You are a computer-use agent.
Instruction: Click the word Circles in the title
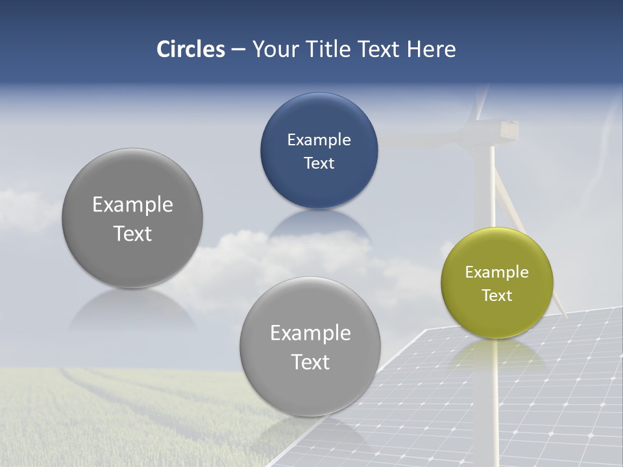(191, 49)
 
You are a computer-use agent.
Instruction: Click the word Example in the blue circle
(319, 140)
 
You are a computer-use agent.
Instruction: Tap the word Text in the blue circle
(319, 163)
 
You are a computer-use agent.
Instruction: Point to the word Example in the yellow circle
(497, 272)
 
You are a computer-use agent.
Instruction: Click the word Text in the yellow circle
(497, 296)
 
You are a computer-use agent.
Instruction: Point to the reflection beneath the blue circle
(319, 224)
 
